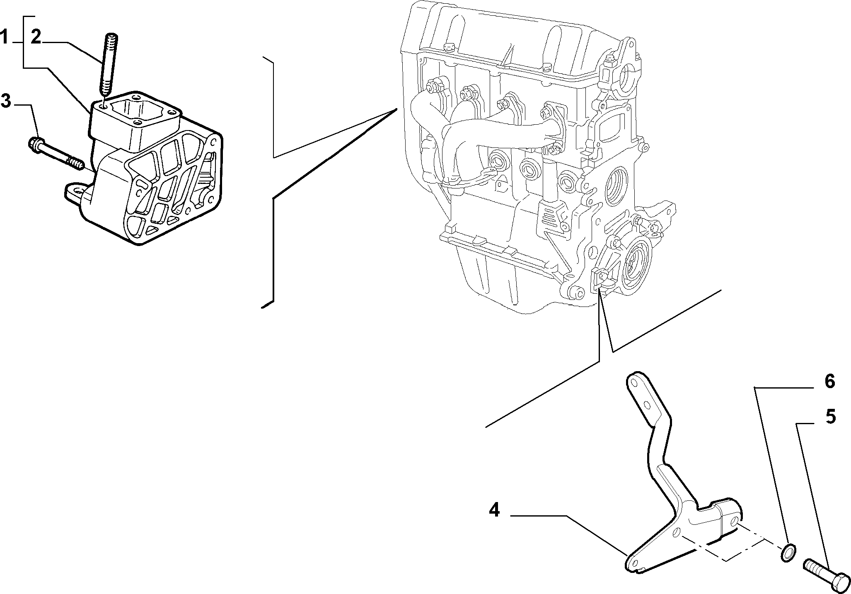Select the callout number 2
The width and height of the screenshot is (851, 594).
click(36, 38)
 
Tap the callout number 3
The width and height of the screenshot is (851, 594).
click(6, 101)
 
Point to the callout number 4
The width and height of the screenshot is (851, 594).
click(494, 510)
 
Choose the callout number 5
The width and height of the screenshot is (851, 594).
click(830, 417)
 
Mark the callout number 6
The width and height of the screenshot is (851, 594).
click(829, 381)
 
